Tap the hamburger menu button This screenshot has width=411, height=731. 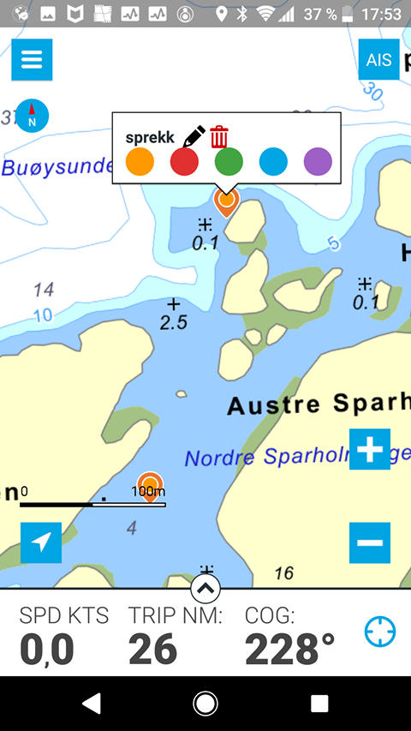click(x=32, y=60)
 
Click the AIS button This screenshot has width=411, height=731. click(x=378, y=60)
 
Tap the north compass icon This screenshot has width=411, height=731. click(x=33, y=116)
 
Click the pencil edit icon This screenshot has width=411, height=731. click(x=194, y=137)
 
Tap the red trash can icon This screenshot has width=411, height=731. click(x=219, y=137)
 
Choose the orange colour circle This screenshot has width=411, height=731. click(x=140, y=161)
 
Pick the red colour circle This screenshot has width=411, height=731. click(x=184, y=161)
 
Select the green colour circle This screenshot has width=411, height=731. click(x=229, y=161)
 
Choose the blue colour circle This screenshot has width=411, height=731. click(x=273, y=161)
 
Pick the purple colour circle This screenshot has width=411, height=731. click(x=318, y=161)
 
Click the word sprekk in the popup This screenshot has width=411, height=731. click(x=150, y=137)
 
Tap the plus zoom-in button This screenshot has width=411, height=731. click(x=370, y=449)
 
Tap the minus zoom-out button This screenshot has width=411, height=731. click(x=370, y=542)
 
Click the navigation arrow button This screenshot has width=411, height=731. click(x=41, y=542)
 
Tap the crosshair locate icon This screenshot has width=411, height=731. click(x=379, y=632)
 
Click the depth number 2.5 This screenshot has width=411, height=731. click(x=174, y=322)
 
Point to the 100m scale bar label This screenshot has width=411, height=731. click(x=148, y=492)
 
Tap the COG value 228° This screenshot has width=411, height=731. click(x=289, y=650)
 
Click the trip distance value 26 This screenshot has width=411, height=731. click(x=153, y=650)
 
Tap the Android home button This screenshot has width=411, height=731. click(x=205, y=704)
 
